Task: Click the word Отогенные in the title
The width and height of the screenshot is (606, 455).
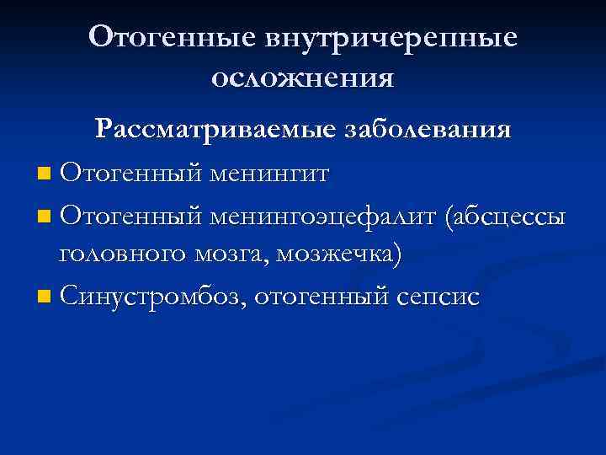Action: [x=173, y=38]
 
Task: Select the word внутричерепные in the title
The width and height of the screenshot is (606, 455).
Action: [x=392, y=38]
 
